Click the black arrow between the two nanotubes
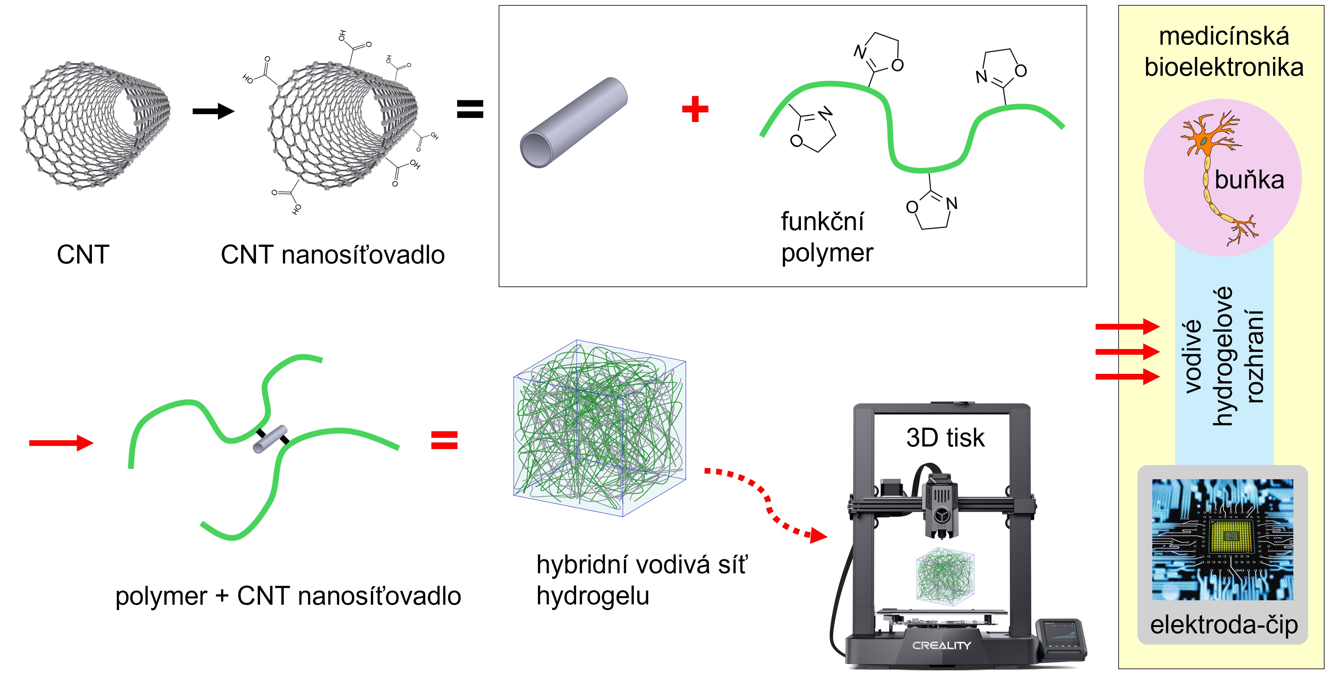213,111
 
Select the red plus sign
695,109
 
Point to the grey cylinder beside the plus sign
573,123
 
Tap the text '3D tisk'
945,438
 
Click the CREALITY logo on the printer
941,645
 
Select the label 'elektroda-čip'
1224,625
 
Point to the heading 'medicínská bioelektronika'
1224,52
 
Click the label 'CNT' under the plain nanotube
83,255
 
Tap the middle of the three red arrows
1127,352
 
